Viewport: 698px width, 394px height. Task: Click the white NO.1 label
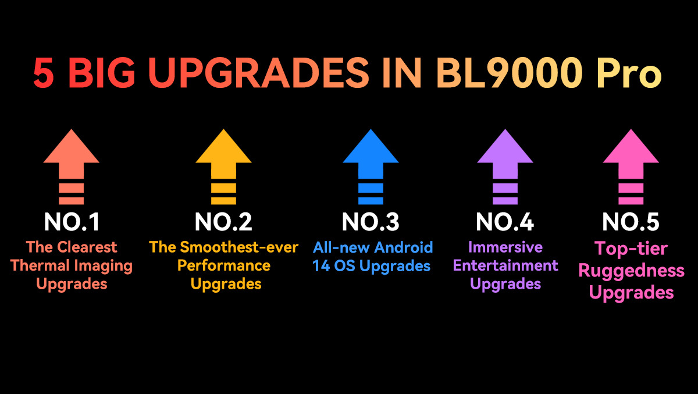click(x=72, y=222)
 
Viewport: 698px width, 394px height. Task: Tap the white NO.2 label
click(x=223, y=222)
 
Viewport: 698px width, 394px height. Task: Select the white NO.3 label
click(x=371, y=222)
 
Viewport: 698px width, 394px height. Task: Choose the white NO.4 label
click(x=505, y=222)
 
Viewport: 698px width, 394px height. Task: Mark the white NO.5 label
click(x=631, y=222)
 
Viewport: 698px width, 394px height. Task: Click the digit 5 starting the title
click(x=43, y=73)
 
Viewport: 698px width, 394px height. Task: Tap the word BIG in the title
click(x=102, y=73)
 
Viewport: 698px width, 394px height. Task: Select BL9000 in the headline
click(x=509, y=73)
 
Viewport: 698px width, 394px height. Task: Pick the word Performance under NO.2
click(x=224, y=266)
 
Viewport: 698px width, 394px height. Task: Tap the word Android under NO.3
click(x=404, y=247)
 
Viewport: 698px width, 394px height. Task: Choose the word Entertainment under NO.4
click(x=505, y=265)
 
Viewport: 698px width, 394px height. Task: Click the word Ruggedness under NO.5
click(x=631, y=271)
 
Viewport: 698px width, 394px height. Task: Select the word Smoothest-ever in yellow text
click(x=239, y=247)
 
